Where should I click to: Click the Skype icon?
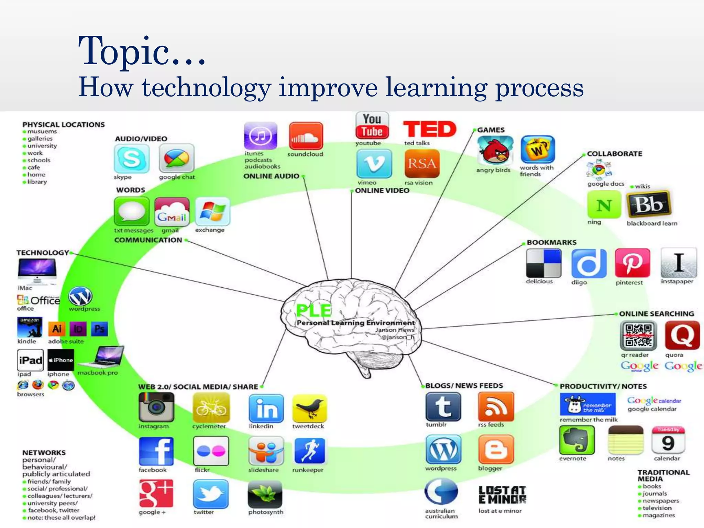132,158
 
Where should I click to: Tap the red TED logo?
429,129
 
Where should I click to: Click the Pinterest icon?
632,263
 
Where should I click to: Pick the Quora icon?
682,335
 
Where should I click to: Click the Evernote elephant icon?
576,440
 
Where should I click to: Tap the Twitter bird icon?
210,494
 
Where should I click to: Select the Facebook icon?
156,451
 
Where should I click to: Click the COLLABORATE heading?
614,154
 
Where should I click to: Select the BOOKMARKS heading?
551,242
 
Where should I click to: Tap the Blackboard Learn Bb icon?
648,205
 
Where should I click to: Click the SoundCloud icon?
306,136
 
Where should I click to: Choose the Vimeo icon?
374,164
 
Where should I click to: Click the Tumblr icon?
443,406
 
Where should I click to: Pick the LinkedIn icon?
266,408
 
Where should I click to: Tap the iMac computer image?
37,271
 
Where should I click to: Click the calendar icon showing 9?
668,440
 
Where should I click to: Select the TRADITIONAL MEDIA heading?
663,475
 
